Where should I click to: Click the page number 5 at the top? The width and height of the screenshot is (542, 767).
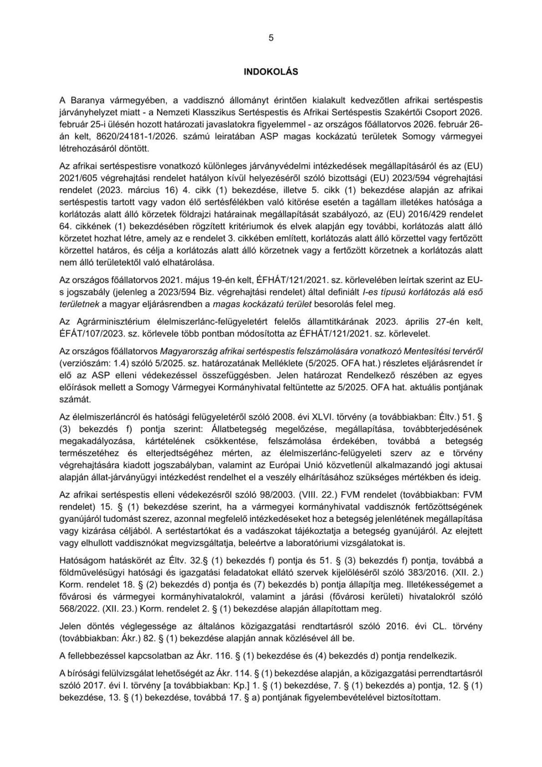[271, 37]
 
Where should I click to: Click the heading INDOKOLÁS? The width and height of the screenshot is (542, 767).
[271, 72]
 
